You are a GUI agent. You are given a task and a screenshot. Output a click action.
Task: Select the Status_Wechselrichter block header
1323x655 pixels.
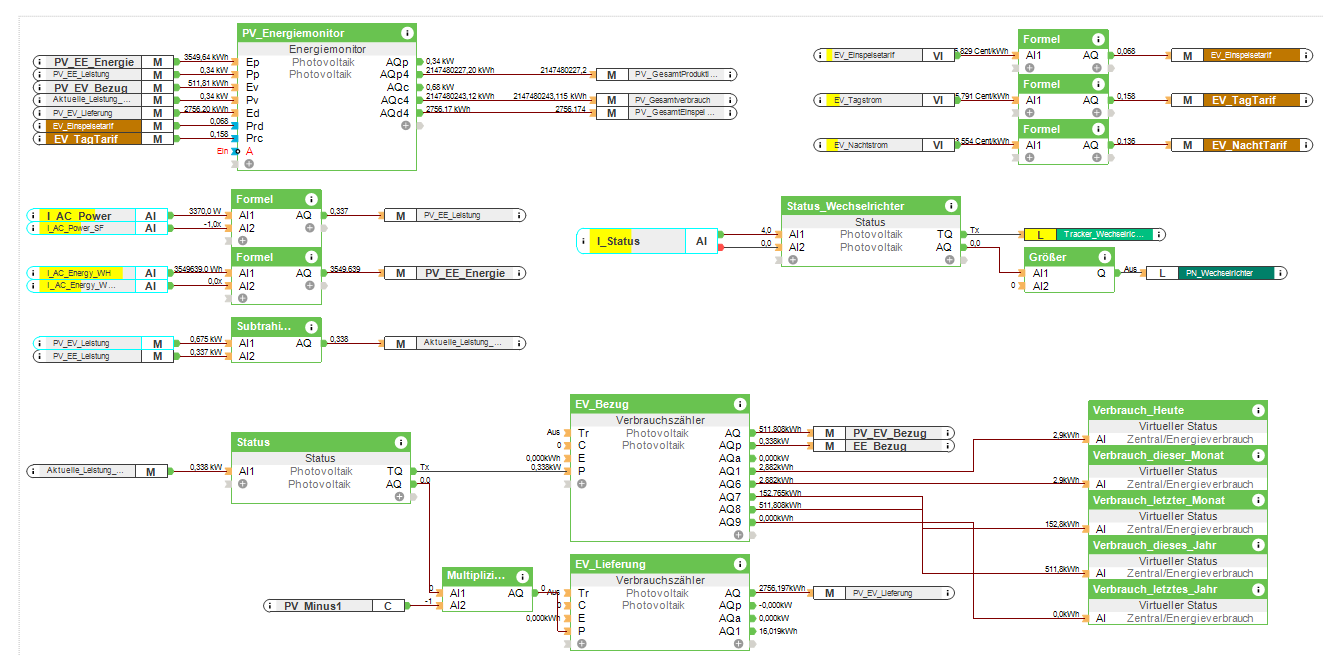coord(845,206)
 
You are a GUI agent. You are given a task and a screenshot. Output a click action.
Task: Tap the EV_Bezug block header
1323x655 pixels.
coord(602,404)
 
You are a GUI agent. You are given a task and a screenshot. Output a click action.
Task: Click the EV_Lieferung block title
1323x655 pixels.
coord(610,564)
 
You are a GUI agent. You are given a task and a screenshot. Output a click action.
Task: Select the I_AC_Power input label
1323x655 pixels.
coord(79,216)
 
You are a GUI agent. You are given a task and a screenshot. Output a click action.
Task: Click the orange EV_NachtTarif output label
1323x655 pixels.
coord(1249,145)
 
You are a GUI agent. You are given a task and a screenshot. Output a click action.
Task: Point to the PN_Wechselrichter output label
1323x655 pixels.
coord(1229,273)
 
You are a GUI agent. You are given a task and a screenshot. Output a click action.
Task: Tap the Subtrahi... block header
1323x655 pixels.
coord(262,326)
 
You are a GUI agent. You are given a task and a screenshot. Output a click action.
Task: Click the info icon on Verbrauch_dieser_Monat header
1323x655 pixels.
coord(1256,455)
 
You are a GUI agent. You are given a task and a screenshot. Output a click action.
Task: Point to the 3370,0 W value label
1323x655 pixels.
coord(205,211)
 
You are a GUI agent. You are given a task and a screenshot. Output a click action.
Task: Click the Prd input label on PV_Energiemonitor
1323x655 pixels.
coord(255,125)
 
